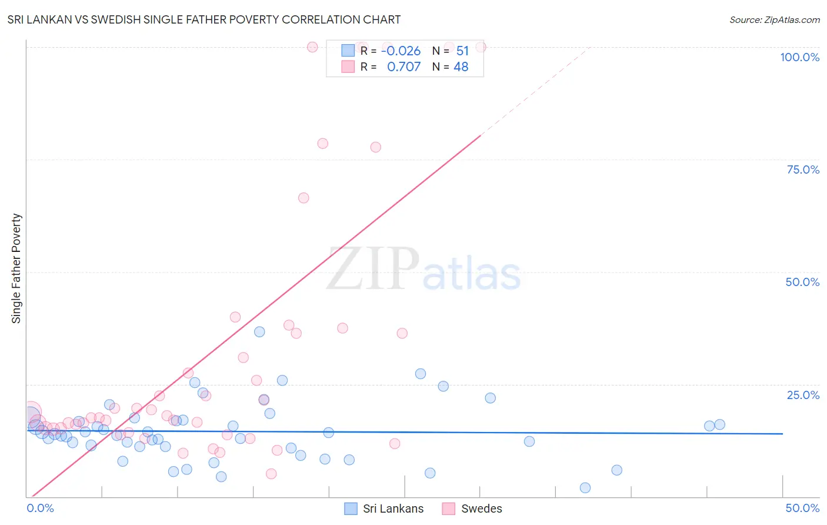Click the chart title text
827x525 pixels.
204,19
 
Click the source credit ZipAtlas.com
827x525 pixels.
774,19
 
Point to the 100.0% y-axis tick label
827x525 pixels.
799,57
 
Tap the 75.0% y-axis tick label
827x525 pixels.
802,170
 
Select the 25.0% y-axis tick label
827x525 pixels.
802,394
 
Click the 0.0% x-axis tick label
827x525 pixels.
40,508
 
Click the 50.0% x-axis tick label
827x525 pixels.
802,508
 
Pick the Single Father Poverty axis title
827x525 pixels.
16,268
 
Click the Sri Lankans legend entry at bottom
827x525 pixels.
384,509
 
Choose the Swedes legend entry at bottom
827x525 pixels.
472,509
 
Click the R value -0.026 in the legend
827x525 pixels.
401,51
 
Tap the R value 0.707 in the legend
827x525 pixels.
404,67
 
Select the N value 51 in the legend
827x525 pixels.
462,51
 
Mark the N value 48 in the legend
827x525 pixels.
461,67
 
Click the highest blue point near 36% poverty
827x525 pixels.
259,331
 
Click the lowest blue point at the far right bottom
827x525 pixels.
585,487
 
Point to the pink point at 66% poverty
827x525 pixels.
304,198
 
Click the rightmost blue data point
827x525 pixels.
719,424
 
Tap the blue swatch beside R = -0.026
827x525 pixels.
348,51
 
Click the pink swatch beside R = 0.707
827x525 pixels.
348,67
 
